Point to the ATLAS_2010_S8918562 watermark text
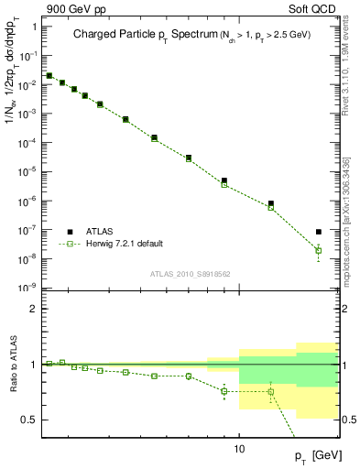coord(191,273)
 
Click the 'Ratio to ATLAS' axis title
coord(16,365)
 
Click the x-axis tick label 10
coord(239,449)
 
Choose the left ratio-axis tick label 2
coord(33,310)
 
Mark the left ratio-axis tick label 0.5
coord(29,420)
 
